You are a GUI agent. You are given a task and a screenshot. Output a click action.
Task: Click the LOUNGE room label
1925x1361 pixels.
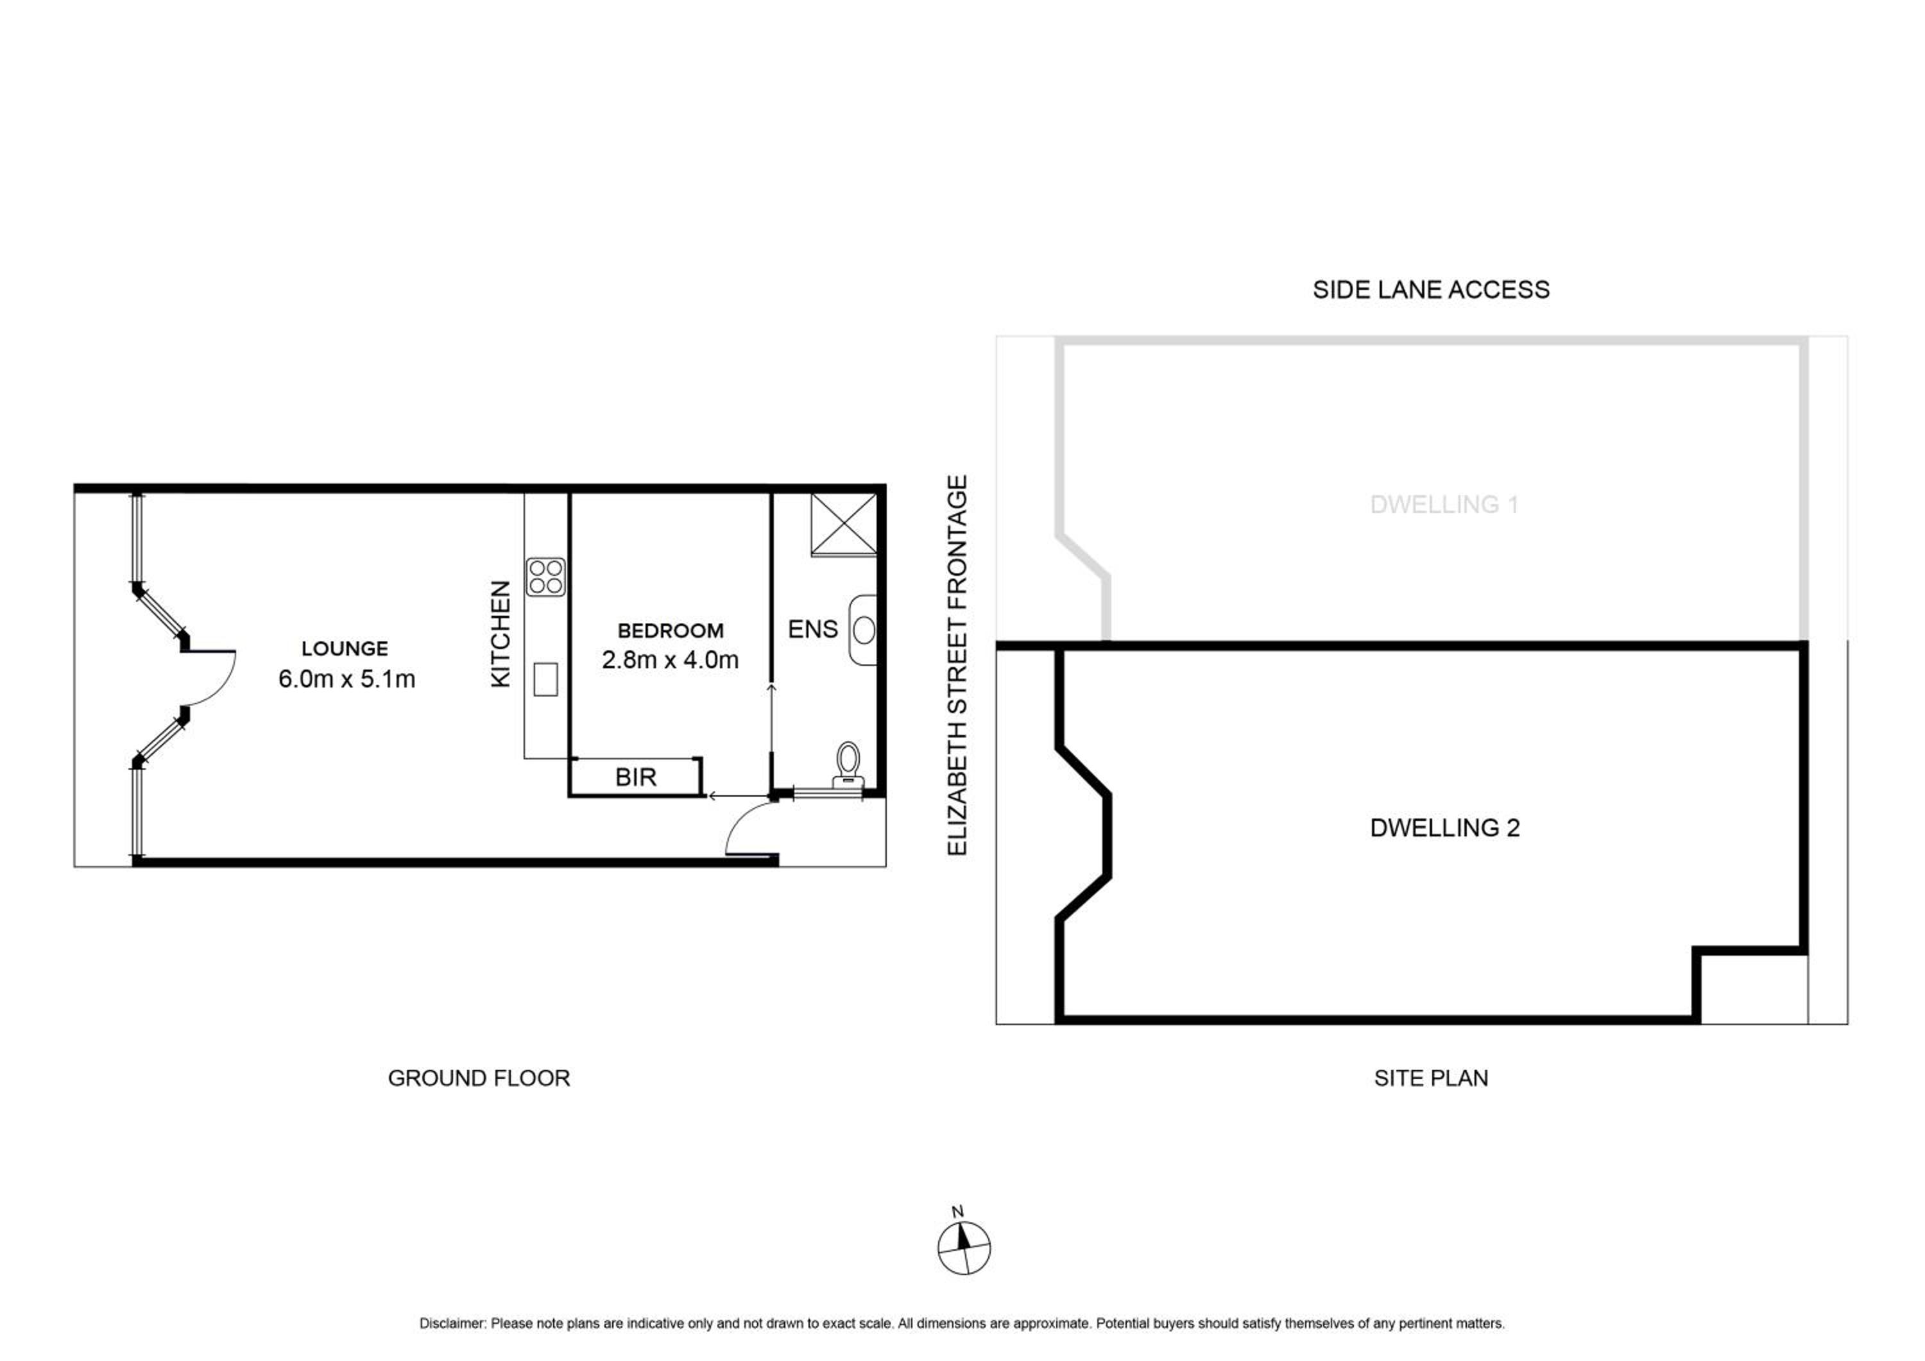pyautogui.click(x=345, y=648)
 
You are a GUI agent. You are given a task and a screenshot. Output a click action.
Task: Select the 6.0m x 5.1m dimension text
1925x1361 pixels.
pyautogui.click(x=346, y=679)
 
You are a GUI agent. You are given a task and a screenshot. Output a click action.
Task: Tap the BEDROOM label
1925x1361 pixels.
pyautogui.click(x=670, y=630)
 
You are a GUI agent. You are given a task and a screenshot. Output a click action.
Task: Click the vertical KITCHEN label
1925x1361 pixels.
pyautogui.click(x=501, y=634)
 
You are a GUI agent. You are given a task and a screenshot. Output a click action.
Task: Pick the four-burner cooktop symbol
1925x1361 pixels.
pyautogui.click(x=546, y=577)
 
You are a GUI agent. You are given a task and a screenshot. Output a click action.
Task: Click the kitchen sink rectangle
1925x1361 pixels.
pyautogui.click(x=546, y=679)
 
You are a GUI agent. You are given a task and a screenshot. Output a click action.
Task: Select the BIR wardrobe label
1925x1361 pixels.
pyautogui.click(x=635, y=777)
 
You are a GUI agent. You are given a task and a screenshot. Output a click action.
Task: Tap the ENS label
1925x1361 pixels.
pyautogui.click(x=812, y=629)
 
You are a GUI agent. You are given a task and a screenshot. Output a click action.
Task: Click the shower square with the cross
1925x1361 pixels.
pyautogui.click(x=843, y=524)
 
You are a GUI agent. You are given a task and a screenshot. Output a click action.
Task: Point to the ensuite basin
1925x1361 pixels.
pyautogui.click(x=863, y=630)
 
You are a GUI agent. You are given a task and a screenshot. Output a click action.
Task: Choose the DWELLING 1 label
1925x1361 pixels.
pyautogui.click(x=1444, y=505)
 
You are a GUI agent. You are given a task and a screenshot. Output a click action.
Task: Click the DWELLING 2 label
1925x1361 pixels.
pyautogui.click(x=1444, y=828)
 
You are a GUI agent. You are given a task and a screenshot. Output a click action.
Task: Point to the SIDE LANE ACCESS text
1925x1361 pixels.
pyautogui.click(x=1431, y=290)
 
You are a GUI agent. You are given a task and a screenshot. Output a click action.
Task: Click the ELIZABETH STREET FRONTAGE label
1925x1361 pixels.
pyautogui.click(x=957, y=665)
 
